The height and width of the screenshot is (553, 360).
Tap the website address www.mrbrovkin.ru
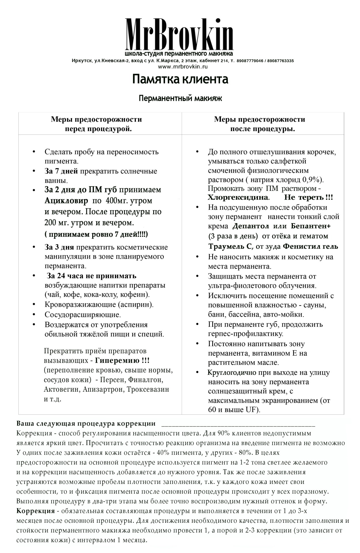click(x=183, y=67)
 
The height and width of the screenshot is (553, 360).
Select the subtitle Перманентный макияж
click(x=180, y=99)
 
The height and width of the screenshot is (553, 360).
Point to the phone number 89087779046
click(x=250, y=61)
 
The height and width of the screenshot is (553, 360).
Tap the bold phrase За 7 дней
click(x=61, y=171)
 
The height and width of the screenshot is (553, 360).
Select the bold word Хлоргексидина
click(x=238, y=198)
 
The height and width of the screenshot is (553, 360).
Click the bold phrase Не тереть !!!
click(x=308, y=198)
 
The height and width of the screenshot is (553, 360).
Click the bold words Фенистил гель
click(x=310, y=246)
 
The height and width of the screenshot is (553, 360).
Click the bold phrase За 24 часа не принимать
click(x=92, y=276)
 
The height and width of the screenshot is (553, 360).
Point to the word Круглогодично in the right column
click(x=232, y=372)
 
